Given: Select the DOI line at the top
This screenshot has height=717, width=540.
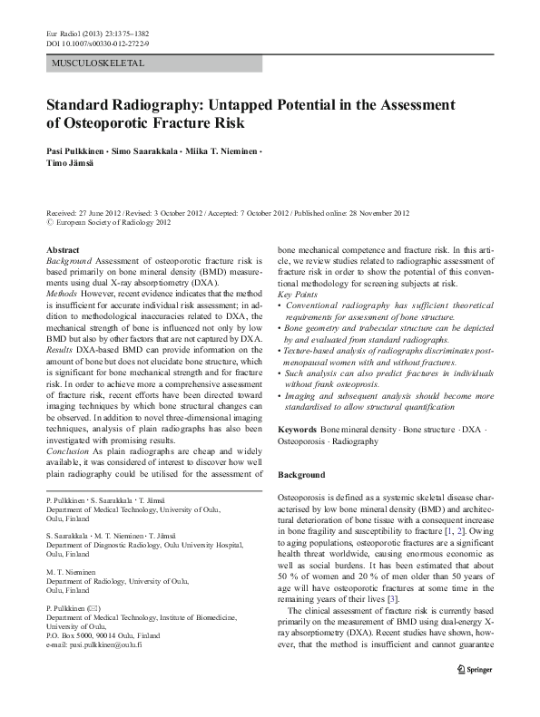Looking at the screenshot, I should [x=97, y=43].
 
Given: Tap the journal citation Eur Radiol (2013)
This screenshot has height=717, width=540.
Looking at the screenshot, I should [x=74, y=33].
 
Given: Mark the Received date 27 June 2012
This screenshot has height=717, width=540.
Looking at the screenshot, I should [x=101, y=213].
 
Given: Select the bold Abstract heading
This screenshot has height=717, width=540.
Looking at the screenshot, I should [x=63, y=249].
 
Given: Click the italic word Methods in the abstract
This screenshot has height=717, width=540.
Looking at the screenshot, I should [x=62, y=295].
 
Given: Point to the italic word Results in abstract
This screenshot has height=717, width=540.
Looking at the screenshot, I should [x=60, y=350].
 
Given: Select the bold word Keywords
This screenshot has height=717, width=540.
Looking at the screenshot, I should [x=297, y=428].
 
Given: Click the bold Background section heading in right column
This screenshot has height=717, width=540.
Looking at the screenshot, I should [x=301, y=475].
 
